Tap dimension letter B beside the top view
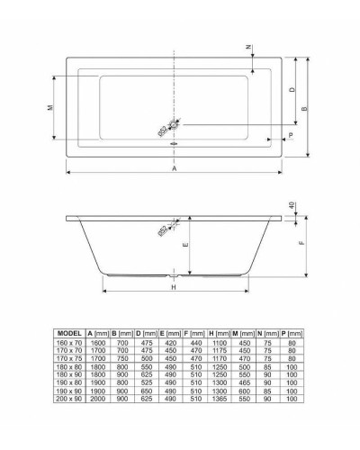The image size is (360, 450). click(307, 108)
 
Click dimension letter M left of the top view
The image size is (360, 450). click(49, 107)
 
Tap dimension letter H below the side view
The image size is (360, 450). click(174, 288)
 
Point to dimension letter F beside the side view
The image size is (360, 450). click(302, 242)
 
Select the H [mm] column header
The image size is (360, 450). click(217, 334)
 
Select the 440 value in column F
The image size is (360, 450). click(193, 343)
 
